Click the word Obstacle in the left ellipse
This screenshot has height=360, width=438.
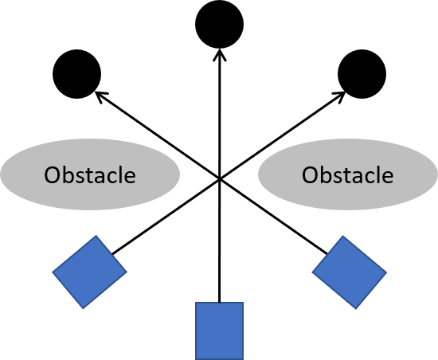(89, 174)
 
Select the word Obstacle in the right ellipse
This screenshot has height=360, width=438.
(347, 174)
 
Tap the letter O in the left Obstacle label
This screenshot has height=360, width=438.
(53, 174)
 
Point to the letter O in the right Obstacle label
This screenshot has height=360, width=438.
(311, 174)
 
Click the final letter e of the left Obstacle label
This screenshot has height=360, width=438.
(128, 176)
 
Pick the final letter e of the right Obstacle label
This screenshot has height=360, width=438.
(386, 176)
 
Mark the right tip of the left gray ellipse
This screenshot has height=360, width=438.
(180, 174)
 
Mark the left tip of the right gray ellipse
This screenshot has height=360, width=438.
(257, 174)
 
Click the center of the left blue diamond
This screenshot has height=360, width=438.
(89, 272)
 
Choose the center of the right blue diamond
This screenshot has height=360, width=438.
(349, 272)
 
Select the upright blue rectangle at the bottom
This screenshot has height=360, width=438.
(219, 331)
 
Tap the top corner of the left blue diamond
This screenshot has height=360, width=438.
(96, 236)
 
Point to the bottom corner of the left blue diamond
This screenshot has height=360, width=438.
(83, 307)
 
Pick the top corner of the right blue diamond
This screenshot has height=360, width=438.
(343, 237)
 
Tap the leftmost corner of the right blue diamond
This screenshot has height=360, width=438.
(312, 271)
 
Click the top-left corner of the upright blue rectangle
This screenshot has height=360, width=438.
(197, 303)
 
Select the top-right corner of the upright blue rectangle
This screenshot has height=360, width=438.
(243, 303)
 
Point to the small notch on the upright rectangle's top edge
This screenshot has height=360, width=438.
(220, 303)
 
